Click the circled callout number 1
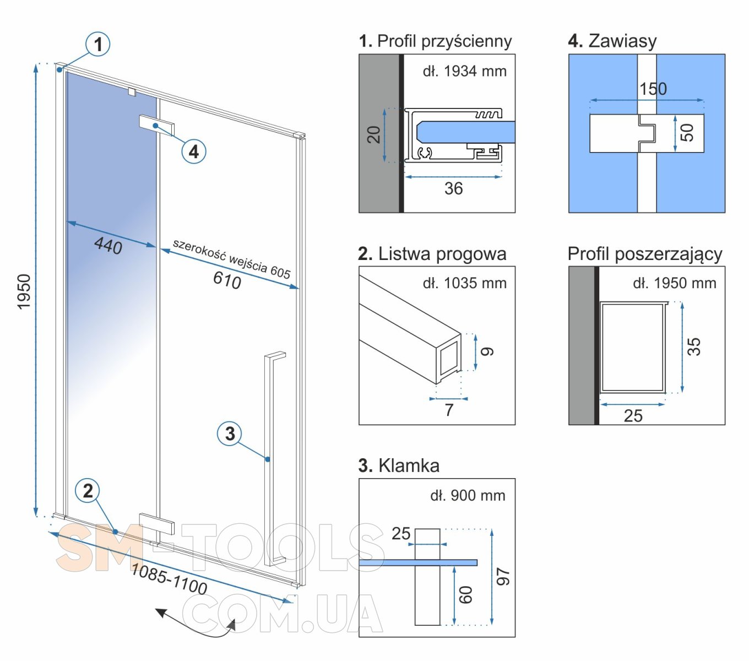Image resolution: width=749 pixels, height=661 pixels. click(98, 45)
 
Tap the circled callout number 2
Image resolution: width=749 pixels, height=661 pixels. click(88, 491)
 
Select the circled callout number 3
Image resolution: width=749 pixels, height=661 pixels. click(230, 433)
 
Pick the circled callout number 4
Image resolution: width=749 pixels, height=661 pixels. click(194, 151)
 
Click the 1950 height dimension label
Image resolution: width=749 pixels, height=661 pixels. click(24, 291)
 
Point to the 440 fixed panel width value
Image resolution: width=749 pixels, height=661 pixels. click(108, 245)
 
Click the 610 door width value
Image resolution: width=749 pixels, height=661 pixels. click(227, 280)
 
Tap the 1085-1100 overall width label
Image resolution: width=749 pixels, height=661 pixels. click(169, 579)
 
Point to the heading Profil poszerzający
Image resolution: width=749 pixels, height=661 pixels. click(645, 254)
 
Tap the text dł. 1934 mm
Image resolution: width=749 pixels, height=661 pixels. click(465, 71)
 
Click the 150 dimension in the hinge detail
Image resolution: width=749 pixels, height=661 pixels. click(653, 89)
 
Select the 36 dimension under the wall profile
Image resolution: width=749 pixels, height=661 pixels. click(454, 188)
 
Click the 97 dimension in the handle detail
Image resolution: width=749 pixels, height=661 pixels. click(503, 577)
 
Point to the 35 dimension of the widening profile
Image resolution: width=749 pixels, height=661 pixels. click(694, 346)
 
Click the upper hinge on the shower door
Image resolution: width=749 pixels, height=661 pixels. click(156, 126)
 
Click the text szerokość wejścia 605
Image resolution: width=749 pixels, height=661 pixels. click(231, 258)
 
